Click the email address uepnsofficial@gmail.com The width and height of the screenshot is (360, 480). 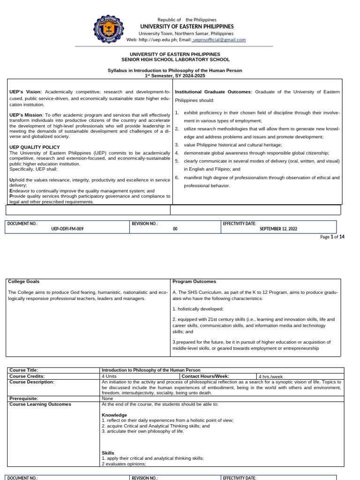pos(219,40)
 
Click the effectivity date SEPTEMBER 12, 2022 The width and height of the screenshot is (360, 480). pos(278,229)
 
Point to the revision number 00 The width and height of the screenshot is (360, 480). pos(175,229)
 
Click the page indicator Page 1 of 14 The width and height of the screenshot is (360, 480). pos(332,237)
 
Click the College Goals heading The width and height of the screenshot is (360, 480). pos(24,282)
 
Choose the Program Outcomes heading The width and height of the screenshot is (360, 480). pos(194,282)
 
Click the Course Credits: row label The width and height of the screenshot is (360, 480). pos(27,376)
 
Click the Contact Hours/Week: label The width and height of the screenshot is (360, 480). pos(205,376)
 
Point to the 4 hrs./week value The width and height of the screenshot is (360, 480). pos(271,376)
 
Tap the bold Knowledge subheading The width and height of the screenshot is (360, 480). pos(114,415)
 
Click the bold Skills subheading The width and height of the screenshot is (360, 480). pos(108,453)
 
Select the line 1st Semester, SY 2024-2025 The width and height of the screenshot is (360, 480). pos(175,75)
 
